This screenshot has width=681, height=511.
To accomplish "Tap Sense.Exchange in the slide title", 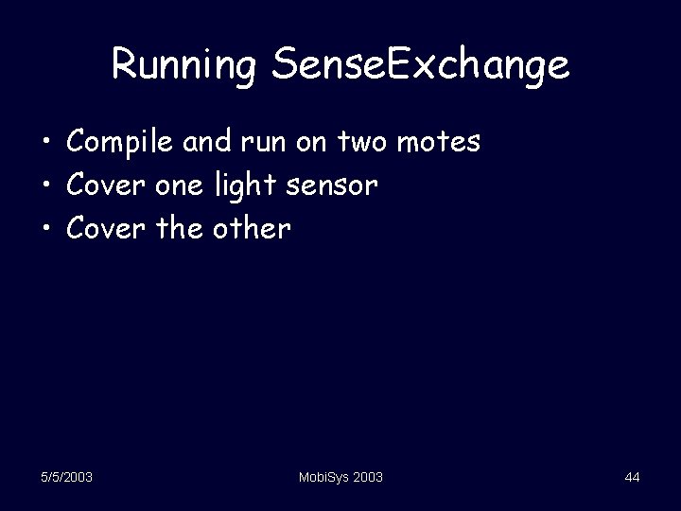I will pyautogui.click(x=420, y=65).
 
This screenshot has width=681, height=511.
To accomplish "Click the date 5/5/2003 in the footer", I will pyautogui.click(x=66, y=478).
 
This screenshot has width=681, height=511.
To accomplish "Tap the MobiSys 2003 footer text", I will pyautogui.click(x=340, y=478).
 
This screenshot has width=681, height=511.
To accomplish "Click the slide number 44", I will pyautogui.click(x=632, y=478).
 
